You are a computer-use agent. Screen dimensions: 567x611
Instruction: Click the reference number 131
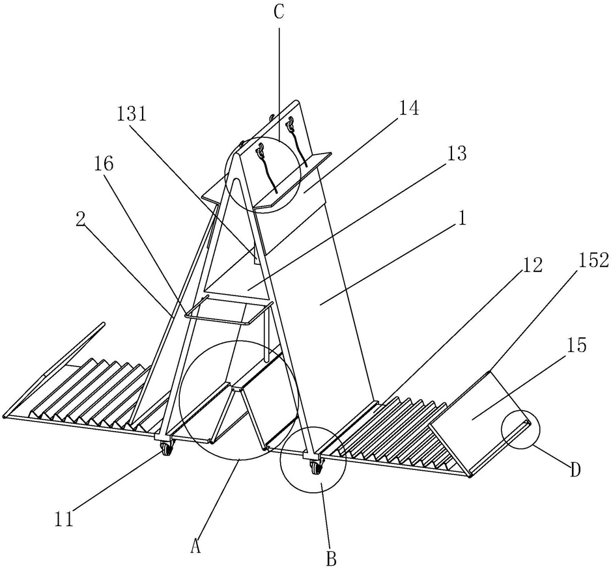coord(132,114)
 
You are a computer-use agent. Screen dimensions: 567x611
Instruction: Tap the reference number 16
coord(104,163)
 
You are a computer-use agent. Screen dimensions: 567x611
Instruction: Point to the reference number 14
coord(408,108)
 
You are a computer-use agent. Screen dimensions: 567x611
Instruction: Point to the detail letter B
coord(331,557)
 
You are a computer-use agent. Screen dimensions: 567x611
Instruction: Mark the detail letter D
coord(575,469)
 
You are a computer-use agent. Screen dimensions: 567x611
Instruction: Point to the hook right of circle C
coord(291,123)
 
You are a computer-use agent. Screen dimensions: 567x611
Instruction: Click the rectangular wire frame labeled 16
coord(228,312)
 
